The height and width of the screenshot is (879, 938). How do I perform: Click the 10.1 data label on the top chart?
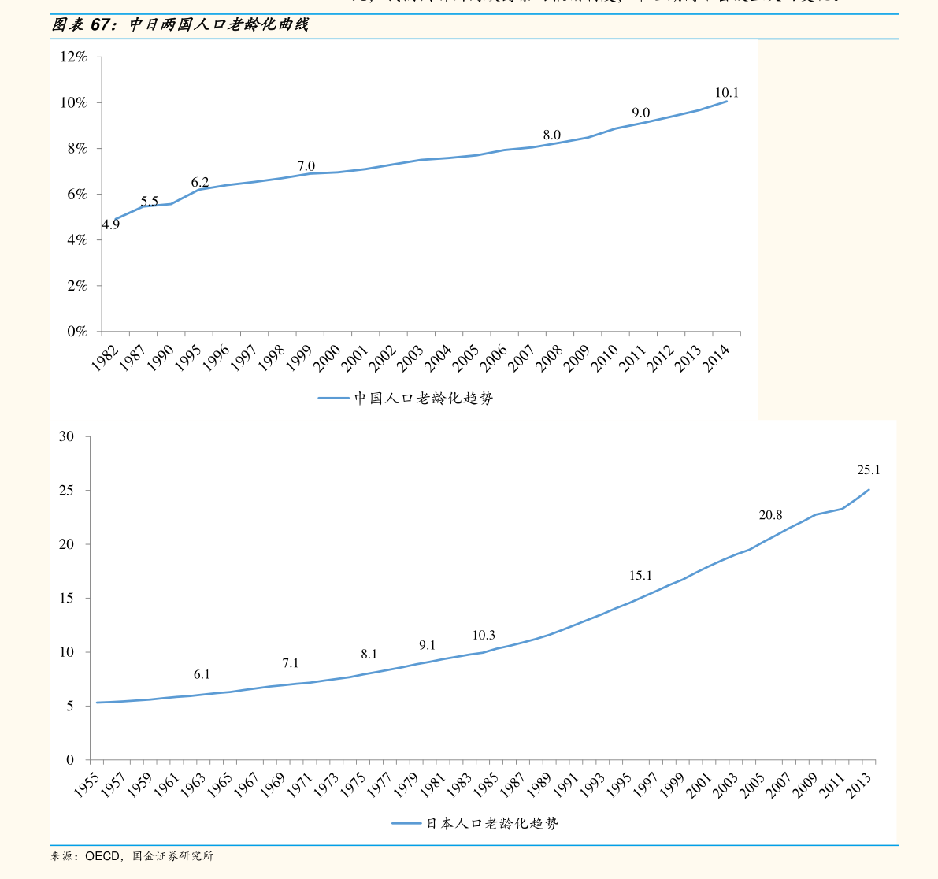tap(726, 93)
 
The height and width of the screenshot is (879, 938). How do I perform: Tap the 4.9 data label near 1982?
tap(111, 224)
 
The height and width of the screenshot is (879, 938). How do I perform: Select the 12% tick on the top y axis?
tap(72, 57)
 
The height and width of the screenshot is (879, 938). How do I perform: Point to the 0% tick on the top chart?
tap(76, 332)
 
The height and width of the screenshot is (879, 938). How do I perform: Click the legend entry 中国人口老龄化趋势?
tap(423, 399)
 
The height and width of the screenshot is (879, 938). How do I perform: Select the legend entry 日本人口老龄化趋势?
tap(492, 823)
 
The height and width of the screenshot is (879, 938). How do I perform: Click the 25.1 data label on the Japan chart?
tap(868, 470)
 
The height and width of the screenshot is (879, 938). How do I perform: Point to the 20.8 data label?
tap(770, 515)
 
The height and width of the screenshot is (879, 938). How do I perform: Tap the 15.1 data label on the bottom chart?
tap(640, 576)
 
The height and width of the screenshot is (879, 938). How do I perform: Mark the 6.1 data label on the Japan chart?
tap(202, 674)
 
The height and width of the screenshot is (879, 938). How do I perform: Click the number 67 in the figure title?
tap(100, 25)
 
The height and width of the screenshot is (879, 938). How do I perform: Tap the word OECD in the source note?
tap(102, 856)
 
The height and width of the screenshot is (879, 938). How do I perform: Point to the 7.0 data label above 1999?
tap(306, 166)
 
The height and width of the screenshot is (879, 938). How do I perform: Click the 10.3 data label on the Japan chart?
tap(484, 636)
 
